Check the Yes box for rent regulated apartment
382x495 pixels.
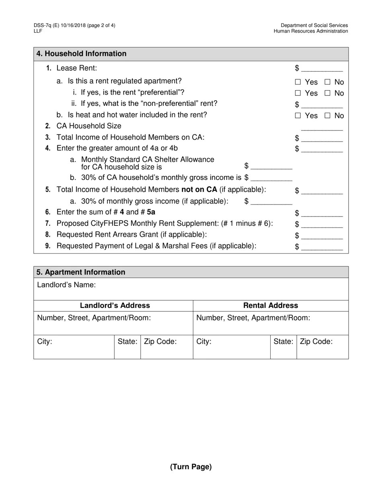[x=298, y=82]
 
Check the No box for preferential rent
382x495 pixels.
[x=327, y=93]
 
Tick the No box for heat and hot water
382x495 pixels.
[x=327, y=116]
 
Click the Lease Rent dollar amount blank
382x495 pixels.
[x=322, y=69]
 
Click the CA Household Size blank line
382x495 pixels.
[x=322, y=127]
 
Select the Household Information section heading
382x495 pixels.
[x=82, y=54]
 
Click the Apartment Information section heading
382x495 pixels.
[x=81, y=272]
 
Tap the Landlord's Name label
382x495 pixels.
[x=66, y=285]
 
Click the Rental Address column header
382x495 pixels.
[x=271, y=305]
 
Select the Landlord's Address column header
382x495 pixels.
[x=115, y=305]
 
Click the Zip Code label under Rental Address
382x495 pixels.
[x=316, y=342]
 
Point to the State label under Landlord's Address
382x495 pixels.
[x=127, y=342]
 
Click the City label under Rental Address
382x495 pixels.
[x=204, y=342]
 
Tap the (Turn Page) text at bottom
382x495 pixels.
[x=191, y=467]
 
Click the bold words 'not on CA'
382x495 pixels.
[x=199, y=190]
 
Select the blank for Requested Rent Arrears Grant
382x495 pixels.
[x=322, y=235]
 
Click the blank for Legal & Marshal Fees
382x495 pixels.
[x=322, y=247]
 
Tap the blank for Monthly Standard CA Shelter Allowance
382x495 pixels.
[x=271, y=167]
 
